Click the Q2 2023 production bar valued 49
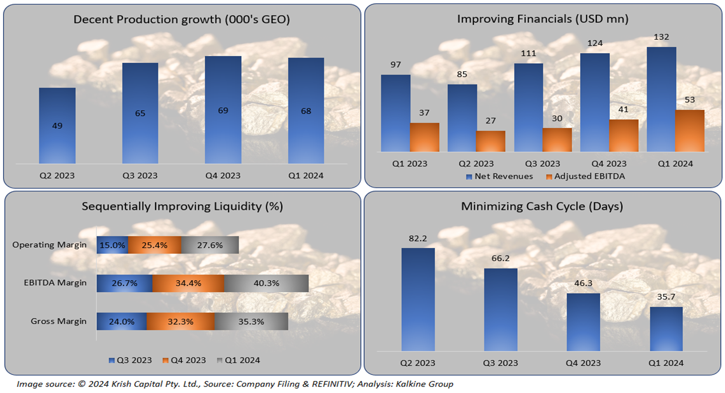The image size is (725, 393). [x=57, y=126]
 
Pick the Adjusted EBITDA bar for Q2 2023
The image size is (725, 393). [x=491, y=141]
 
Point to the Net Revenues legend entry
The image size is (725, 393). [x=499, y=176]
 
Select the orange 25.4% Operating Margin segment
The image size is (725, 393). [x=154, y=245]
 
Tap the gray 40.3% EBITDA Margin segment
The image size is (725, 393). [x=266, y=283]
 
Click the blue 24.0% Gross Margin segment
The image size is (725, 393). [x=121, y=321]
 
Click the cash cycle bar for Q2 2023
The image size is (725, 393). [x=418, y=299]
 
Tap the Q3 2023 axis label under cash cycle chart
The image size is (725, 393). [x=501, y=363]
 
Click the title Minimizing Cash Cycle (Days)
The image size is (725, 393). [x=542, y=206]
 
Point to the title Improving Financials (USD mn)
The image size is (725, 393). [x=542, y=19]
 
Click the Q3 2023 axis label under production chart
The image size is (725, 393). [x=140, y=175]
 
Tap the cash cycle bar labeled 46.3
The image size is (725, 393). [x=583, y=322]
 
